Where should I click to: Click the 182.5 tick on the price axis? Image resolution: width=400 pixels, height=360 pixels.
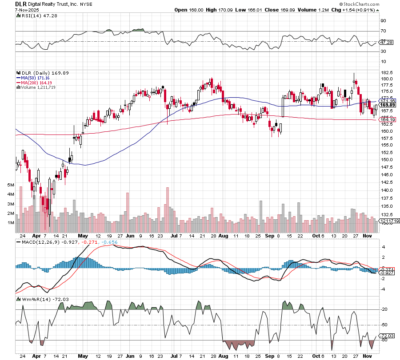coord(386,72)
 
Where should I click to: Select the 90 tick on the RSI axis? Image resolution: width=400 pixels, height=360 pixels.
coord(383,20)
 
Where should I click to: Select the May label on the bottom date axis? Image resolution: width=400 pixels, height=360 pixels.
coord(83,356)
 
